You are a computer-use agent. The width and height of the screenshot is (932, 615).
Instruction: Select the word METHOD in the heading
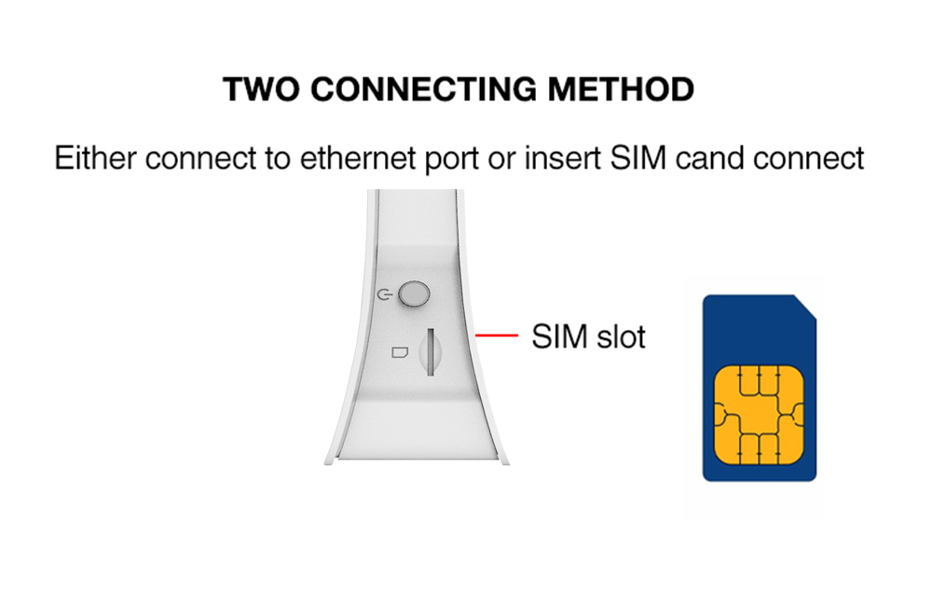pyautogui.click(x=621, y=89)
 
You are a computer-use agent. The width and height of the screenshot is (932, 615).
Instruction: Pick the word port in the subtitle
pyautogui.click(x=452, y=160)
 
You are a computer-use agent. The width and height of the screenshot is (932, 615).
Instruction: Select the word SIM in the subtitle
pyautogui.click(x=637, y=158)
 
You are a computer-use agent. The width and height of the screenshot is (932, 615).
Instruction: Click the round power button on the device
pyautogui.click(x=414, y=294)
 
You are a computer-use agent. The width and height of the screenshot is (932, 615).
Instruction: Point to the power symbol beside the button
pyautogui.click(x=385, y=294)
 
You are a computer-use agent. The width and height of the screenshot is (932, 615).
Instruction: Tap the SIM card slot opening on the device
pyautogui.click(x=431, y=352)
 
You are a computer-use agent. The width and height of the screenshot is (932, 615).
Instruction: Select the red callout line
pyautogui.click(x=497, y=335)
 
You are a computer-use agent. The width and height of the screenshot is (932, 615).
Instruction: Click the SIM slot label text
pyautogui.click(x=588, y=336)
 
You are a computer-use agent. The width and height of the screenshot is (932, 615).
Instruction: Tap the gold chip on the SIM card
pyautogui.click(x=759, y=415)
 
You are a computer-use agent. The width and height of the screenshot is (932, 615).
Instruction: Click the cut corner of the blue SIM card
pyautogui.click(x=805, y=307)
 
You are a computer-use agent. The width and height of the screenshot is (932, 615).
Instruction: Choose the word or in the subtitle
pyautogui.click(x=501, y=160)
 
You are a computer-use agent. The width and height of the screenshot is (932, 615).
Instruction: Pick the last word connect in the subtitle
pyautogui.click(x=808, y=158)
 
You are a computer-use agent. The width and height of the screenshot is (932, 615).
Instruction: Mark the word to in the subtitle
pyautogui.click(x=278, y=159)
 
